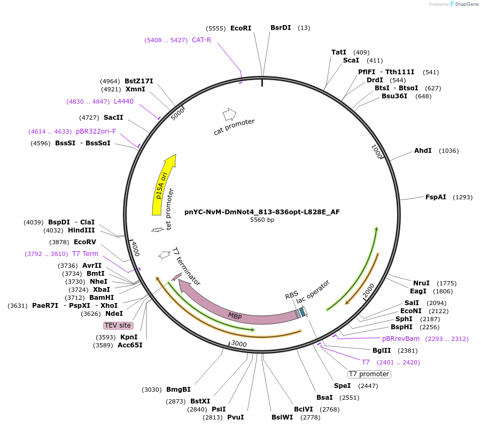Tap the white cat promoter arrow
pos(229,114)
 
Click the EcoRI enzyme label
pos(241,28)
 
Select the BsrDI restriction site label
pos(281,28)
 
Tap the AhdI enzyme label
pos(423,151)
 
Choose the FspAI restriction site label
pos(436,197)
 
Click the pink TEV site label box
pos(118,325)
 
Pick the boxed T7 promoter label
pos(369,374)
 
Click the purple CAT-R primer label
pos(201,40)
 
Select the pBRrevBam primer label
pos(401,339)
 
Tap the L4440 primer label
pos(123,101)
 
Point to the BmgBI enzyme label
pos(179,390)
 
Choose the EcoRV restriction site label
pos(85,242)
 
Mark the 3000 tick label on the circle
pos(239,344)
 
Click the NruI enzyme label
pos(421,283)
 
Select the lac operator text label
pos(313,294)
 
